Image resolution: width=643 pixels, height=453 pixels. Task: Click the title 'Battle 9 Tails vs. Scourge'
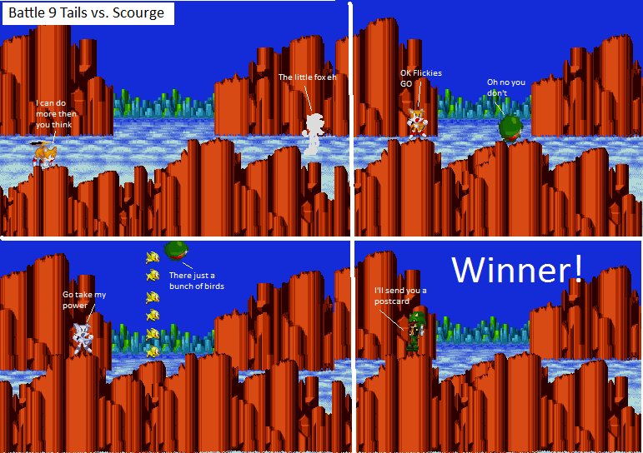86,12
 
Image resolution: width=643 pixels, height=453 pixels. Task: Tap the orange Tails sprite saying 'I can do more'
44,154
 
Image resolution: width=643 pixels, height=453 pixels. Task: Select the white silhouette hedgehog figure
314,134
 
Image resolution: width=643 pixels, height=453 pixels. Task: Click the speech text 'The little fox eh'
307,77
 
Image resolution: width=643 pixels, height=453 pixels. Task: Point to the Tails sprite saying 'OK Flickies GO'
417,123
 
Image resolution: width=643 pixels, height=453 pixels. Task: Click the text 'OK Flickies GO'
420,78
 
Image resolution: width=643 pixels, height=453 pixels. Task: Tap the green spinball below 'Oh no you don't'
510,128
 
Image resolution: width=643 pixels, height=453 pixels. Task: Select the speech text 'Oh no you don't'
506,87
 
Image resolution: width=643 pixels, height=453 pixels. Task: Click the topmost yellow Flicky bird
153,257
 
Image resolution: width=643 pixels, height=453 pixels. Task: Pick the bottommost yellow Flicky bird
153,351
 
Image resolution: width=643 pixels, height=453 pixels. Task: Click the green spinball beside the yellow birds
176,250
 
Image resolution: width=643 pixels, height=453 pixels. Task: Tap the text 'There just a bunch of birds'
197,281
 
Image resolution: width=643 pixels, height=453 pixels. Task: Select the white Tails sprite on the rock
83,338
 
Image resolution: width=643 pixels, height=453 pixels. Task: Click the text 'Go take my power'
84,300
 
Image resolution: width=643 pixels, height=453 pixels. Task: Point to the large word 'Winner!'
517,270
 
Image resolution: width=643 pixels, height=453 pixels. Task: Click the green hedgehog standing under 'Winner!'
416,332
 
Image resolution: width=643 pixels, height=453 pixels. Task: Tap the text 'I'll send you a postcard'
400,296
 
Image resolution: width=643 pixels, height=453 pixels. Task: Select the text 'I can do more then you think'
56,114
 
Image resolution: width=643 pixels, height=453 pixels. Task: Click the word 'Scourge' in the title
138,12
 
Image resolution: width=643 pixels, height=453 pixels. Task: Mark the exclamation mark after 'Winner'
578,269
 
